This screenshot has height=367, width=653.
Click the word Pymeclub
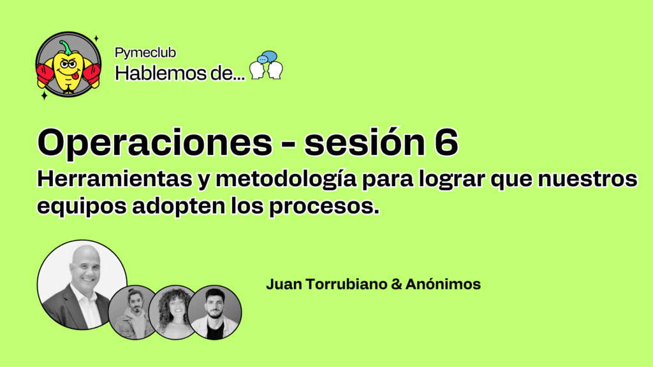point(145,54)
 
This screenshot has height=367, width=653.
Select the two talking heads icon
point(266,66)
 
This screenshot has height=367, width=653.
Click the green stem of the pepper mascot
point(65,47)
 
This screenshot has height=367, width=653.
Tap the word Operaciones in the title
point(155,143)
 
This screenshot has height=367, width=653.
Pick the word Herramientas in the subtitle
point(115,179)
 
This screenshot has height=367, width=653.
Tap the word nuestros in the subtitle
point(587,179)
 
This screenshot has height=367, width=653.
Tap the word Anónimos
point(443,284)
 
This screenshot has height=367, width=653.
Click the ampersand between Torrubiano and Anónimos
point(396,284)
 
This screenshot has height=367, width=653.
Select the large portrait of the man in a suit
point(82,285)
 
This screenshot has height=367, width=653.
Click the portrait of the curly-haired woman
point(175,312)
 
